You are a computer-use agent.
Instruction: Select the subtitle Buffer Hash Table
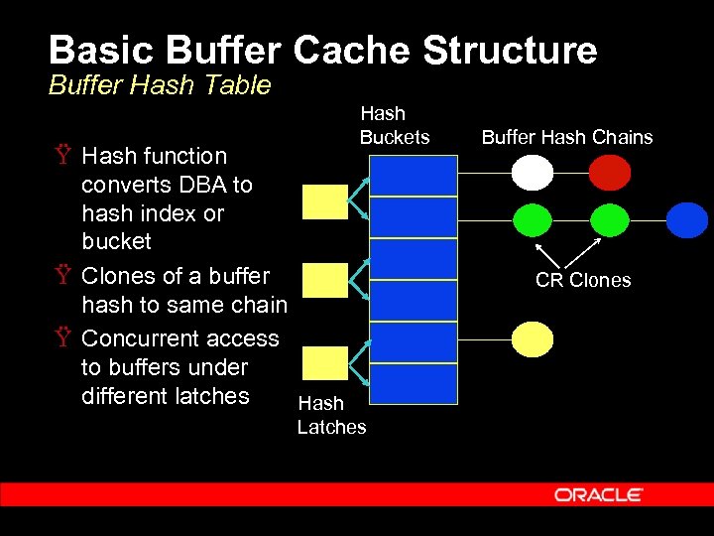tap(160, 85)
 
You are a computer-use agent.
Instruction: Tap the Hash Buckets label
tap(394, 126)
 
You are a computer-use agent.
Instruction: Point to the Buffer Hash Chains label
tap(567, 137)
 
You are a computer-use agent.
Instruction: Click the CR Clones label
tap(583, 280)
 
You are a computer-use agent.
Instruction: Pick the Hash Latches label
tap(331, 415)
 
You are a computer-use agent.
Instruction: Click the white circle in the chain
tap(533, 175)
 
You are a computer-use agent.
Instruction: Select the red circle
tap(609, 175)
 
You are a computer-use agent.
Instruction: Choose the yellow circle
tap(533, 338)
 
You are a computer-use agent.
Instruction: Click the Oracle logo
tap(598, 494)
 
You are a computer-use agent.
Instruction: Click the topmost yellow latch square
tap(323, 201)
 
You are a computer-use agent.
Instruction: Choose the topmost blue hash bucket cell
tap(414, 175)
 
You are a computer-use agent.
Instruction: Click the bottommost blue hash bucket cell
tap(414, 383)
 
